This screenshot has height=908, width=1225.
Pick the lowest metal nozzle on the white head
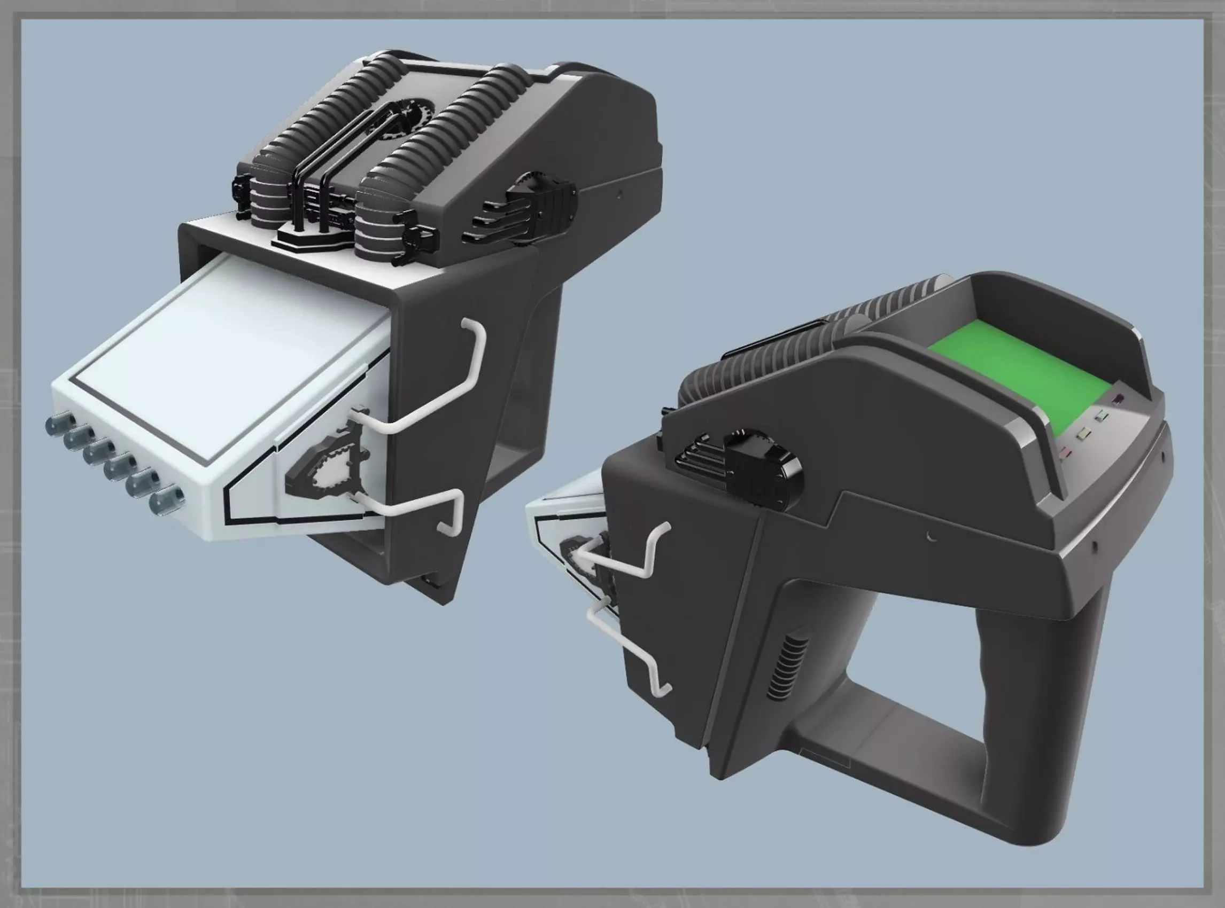tap(166, 499)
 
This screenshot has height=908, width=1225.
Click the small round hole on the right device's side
tap(931, 536)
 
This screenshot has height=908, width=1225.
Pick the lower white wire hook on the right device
tap(633, 654)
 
